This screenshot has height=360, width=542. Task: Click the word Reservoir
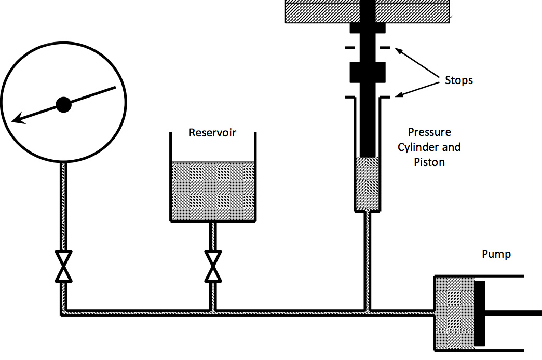click(x=212, y=133)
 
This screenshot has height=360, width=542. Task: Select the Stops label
click(x=459, y=80)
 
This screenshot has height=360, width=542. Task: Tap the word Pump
click(x=496, y=254)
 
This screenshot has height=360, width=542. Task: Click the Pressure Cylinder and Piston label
click(x=429, y=147)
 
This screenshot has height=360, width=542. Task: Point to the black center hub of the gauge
click(x=63, y=105)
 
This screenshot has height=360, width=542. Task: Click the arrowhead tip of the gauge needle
click(x=15, y=121)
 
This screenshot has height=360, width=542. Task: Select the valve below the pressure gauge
click(x=63, y=266)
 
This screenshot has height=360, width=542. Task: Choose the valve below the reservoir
click(x=212, y=266)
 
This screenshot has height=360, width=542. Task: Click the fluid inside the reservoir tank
click(x=213, y=190)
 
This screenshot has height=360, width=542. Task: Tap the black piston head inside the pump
click(x=479, y=313)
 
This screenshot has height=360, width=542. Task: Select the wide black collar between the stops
click(x=367, y=72)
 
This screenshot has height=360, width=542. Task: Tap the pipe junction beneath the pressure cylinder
click(x=368, y=312)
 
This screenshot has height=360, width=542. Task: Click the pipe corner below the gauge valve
click(x=63, y=312)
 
